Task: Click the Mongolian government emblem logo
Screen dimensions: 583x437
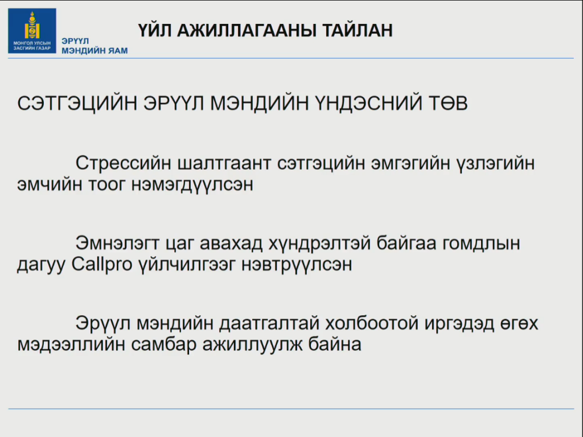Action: coord(32,31)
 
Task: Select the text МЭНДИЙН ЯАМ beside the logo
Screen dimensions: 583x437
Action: coord(95,51)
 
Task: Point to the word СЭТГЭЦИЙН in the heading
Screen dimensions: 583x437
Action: coord(77,103)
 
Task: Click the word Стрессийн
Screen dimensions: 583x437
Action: coord(124,163)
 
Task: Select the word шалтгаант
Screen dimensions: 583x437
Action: coord(224,163)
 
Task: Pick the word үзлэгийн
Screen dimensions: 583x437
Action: coord(496,163)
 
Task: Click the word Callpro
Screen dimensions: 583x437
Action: coord(102,265)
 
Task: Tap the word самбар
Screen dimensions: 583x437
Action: coord(163,345)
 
